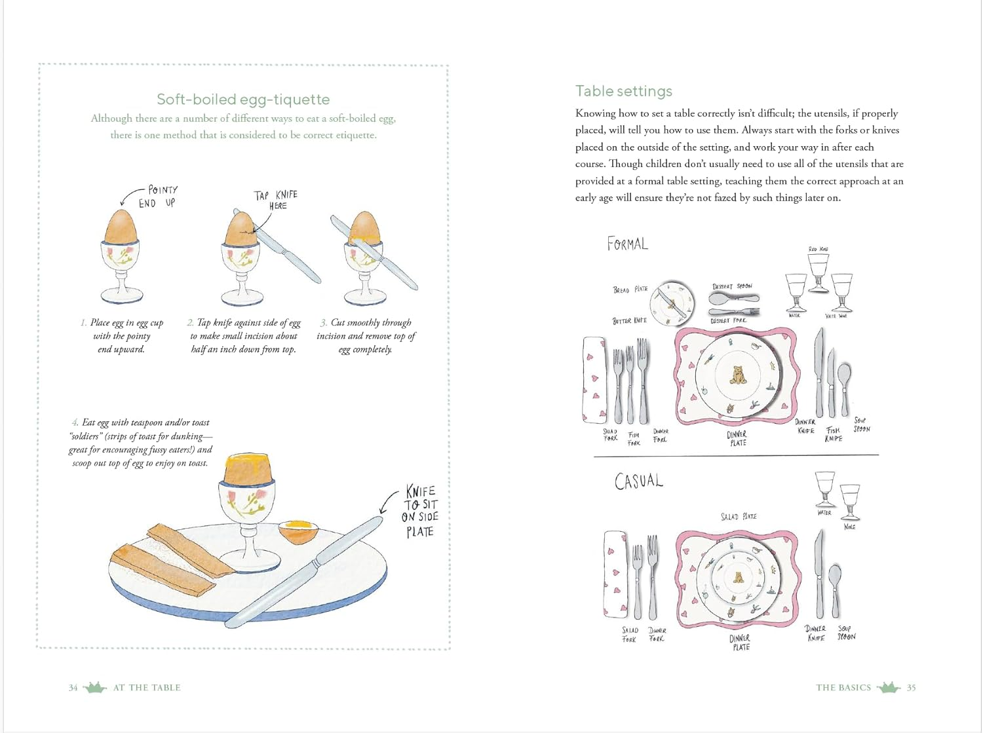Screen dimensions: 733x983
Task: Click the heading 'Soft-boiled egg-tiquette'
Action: [243, 100]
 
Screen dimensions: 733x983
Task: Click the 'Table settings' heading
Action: [623, 91]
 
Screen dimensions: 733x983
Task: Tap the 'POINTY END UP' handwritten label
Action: [158, 197]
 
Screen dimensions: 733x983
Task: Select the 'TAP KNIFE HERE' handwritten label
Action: [276, 200]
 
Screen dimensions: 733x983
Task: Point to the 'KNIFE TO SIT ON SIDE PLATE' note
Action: [420, 512]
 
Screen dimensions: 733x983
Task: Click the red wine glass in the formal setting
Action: [819, 269]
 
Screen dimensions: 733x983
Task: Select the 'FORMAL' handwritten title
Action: [627, 244]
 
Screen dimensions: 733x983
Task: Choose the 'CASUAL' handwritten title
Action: [638, 481]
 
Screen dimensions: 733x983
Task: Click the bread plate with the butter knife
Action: [672, 303]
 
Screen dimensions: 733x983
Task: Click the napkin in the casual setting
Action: [615, 574]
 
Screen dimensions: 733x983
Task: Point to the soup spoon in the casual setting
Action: [834, 586]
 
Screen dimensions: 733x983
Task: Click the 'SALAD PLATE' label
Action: [739, 517]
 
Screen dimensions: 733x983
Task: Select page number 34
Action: [73, 688]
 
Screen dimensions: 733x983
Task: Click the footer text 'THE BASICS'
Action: [843, 688]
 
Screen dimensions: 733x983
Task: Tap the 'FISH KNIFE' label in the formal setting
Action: [833, 434]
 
